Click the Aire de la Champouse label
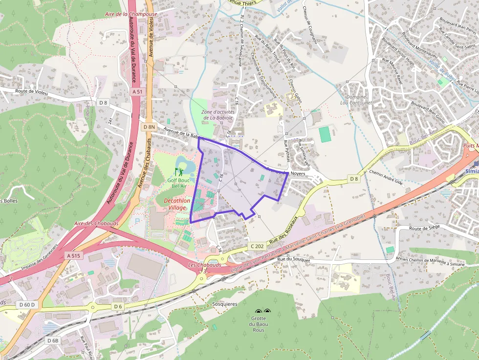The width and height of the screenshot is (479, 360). (x=131, y=14)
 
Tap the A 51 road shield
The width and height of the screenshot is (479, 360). (x=137, y=91)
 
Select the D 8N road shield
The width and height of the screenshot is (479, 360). (x=149, y=127)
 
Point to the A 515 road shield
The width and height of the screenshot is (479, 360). (x=73, y=255)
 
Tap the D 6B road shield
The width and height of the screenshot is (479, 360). (x=53, y=340)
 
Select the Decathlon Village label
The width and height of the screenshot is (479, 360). (x=174, y=204)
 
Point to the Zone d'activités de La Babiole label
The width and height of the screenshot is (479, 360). (x=218, y=115)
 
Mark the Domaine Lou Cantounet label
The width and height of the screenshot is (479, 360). (x=356, y=100)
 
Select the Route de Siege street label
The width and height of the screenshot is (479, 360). (x=425, y=228)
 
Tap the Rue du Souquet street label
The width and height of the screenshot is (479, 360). (x=294, y=259)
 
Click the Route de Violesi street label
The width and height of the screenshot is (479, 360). (x=31, y=91)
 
